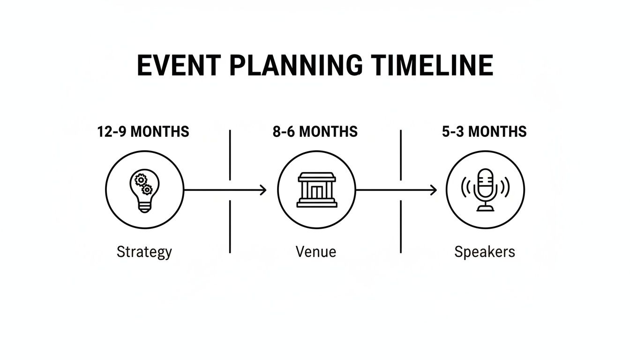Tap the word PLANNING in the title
(x=295, y=65)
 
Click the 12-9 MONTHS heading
(x=143, y=132)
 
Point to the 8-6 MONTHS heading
(x=315, y=132)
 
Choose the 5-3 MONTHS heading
(x=484, y=132)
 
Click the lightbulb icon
(x=144, y=190)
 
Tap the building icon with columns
(x=316, y=190)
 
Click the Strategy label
(x=144, y=252)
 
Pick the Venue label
(x=316, y=252)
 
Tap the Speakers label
(x=485, y=252)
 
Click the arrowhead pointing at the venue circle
(x=263, y=190)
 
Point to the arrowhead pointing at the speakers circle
(x=434, y=190)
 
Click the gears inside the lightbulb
(x=143, y=183)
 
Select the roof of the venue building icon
(x=316, y=176)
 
